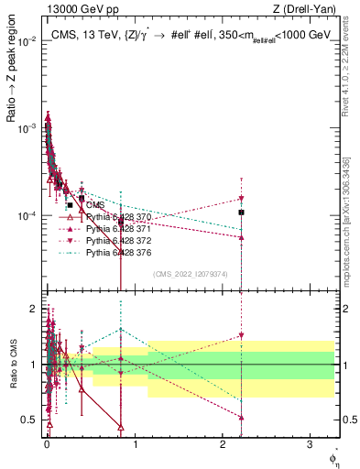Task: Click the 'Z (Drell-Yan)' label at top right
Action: click(308, 9)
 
